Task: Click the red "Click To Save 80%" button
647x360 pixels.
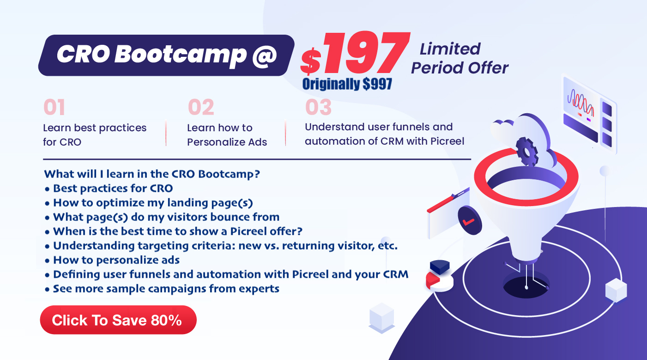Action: [118, 320]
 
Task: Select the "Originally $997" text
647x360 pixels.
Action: [347, 84]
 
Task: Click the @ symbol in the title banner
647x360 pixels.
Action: [265, 55]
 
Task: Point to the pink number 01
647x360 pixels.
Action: [54, 107]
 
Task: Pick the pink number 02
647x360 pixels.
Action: [201, 107]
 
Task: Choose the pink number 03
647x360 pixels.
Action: [318, 107]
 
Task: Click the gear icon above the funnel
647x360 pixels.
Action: [527, 152]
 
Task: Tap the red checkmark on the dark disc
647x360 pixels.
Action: [468, 222]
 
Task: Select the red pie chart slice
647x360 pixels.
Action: [433, 280]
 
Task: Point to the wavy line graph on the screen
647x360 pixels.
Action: [580, 103]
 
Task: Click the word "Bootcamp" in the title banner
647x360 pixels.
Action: [181, 55]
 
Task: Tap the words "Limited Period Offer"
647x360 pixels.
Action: [460, 58]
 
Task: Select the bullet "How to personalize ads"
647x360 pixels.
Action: [112, 260]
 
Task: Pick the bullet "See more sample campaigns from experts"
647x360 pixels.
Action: [162, 289]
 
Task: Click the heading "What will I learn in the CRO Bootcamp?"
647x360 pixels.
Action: [152, 174]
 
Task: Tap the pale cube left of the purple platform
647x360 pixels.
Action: [381, 318]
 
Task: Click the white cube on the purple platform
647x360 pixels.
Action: [616, 290]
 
